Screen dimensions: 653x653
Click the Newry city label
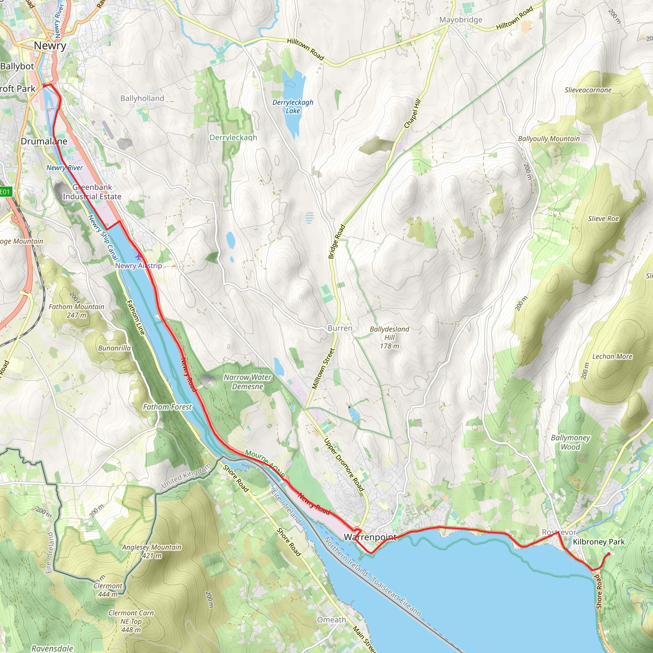[50, 46]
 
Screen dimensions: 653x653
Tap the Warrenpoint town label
[370, 537]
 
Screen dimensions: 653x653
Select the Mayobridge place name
[461, 20]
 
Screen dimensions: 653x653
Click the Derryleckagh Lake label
[293, 106]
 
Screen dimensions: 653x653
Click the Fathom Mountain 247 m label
[77, 311]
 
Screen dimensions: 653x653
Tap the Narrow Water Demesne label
[247, 382]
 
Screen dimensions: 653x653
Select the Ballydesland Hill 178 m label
[389, 337]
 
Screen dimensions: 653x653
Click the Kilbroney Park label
[598, 542]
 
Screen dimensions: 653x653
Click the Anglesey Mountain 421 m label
[152, 551]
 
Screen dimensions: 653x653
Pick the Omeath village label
[332, 620]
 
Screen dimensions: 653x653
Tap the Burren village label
[340, 328]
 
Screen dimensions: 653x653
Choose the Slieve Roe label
[603, 219]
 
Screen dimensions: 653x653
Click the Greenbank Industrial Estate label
[92, 192]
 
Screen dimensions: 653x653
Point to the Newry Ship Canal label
[103, 238]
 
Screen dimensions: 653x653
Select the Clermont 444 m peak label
[108, 590]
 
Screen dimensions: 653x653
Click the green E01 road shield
[5, 192]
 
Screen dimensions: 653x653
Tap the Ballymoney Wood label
[570, 442]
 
